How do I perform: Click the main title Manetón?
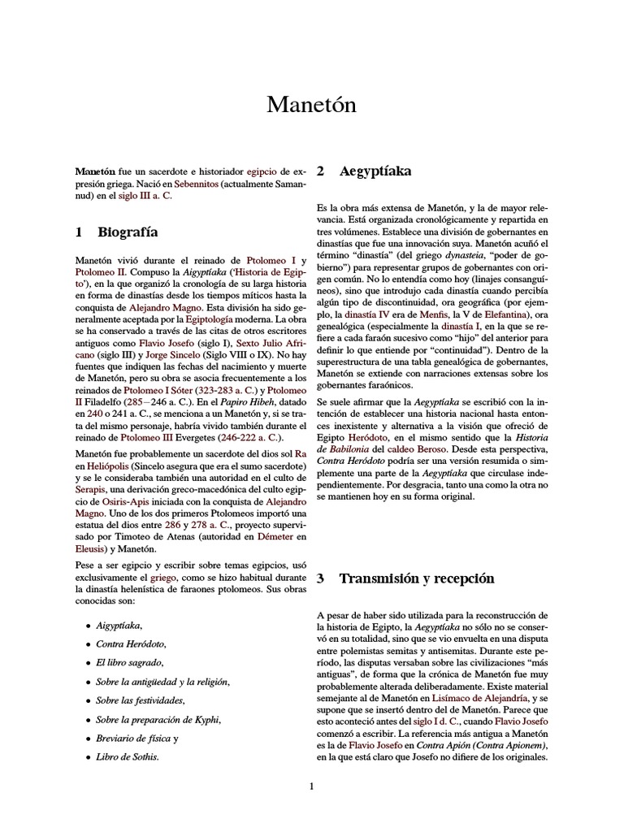(x=311, y=105)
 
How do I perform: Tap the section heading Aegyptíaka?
(x=375, y=171)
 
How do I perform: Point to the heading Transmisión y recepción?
(x=416, y=578)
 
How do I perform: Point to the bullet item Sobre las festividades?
(x=140, y=700)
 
